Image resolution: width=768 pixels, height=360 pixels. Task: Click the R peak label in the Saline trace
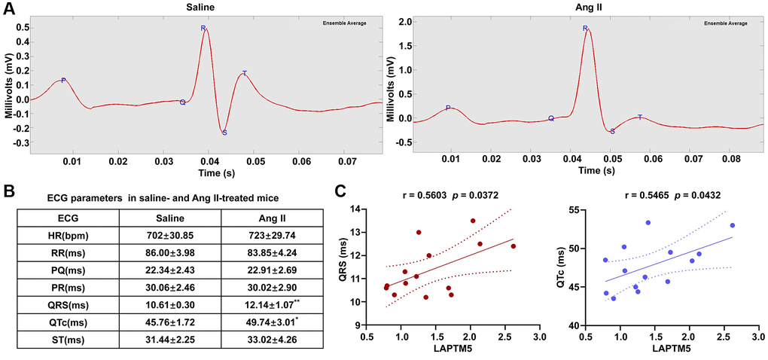[x=203, y=29]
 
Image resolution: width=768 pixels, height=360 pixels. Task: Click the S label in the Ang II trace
[x=612, y=132]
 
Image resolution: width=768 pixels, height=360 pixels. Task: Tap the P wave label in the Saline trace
[x=63, y=80]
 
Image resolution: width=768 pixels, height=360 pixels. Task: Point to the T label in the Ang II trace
[x=640, y=117]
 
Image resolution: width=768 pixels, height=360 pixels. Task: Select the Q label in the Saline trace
[x=182, y=102]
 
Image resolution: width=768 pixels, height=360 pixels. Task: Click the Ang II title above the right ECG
[x=584, y=7]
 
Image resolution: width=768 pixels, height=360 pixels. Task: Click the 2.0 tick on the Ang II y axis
[x=403, y=22]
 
